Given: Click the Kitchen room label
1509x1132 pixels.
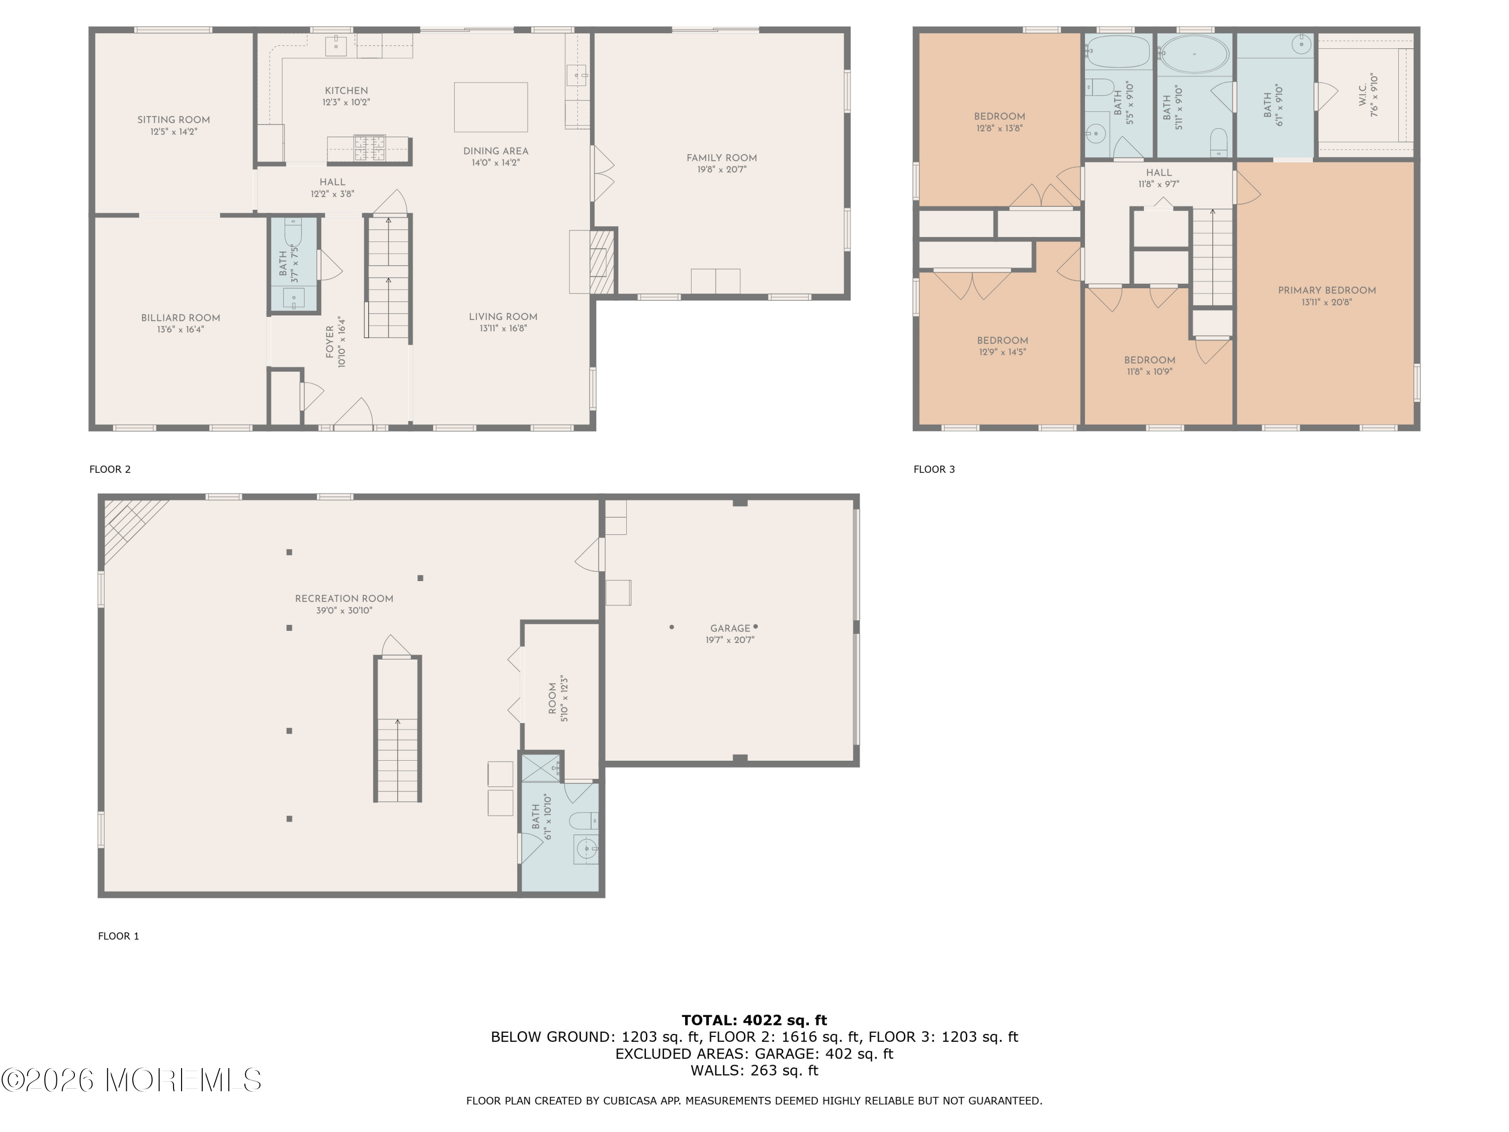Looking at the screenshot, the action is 346,91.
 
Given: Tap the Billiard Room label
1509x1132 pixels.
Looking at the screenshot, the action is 181,318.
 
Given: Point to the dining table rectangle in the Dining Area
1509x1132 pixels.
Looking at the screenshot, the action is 490,107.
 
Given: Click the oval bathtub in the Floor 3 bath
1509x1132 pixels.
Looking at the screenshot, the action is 1195,53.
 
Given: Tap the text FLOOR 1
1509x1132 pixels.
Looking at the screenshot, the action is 119,936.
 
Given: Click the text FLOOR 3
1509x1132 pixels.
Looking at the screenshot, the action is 934,469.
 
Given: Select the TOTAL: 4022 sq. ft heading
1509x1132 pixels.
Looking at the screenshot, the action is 754,1020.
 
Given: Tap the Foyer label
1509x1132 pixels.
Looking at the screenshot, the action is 330,342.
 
